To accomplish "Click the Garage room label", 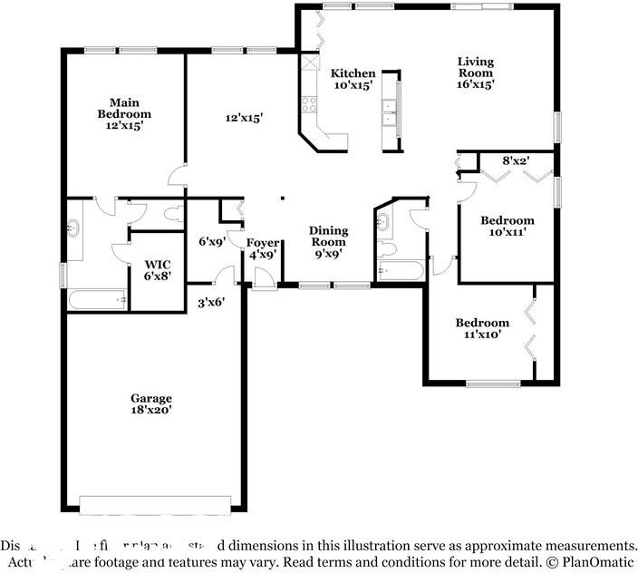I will [x=150, y=398].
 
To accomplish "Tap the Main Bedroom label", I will [x=124, y=108].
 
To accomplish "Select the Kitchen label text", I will [x=353, y=73].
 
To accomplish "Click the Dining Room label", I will [x=328, y=237].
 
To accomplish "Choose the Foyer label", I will [x=263, y=243].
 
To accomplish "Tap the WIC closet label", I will [x=158, y=266].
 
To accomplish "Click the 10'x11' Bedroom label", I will [x=507, y=220].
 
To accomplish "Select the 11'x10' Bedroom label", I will [x=482, y=323].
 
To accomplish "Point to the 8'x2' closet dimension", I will [x=516, y=160].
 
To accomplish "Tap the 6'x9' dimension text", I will [x=211, y=242].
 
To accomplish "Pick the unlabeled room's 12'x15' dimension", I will [x=244, y=118].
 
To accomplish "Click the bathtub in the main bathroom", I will [x=98, y=298].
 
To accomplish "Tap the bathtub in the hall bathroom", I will [x=399, y=270].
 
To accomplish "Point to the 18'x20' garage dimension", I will [x=150, y=410].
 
